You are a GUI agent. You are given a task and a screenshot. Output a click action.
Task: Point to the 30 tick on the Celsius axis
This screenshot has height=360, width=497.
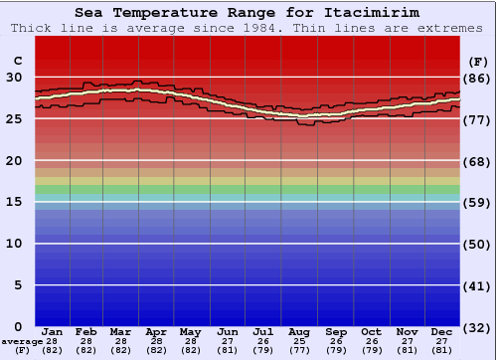pyautogui.click(x=14, y=77)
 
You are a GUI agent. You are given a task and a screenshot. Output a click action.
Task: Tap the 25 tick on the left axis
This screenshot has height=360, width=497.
pyautogui.click(x=14, y=118)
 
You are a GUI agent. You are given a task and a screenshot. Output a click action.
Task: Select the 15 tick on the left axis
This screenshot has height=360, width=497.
pyautogui.click(x=14, y=202)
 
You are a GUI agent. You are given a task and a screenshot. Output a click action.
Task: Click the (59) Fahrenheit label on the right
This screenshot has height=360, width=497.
pyautogui.click(x=478, y=202)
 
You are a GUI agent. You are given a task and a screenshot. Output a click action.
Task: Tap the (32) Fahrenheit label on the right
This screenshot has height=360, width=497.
pyautogui.click(x=478, y=327)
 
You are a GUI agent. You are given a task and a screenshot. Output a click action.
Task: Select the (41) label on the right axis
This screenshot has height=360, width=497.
pyautogui.click(x=478, y=285)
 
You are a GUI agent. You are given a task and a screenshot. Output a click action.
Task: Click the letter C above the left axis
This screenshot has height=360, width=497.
pyautogui.click(x=16, y=60)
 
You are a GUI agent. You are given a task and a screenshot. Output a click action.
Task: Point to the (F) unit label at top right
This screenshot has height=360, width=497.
pyautogui.click(x=478, y=60)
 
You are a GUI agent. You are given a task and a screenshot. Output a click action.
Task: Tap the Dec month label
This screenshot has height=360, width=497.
pyautogui.click(x=441, y=331)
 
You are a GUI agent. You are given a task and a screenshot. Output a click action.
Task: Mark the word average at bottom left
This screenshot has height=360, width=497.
pyautogui.click(x=22, y=341)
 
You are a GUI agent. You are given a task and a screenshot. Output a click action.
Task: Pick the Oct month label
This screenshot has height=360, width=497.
pyautogui.click(x=371, y=331)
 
